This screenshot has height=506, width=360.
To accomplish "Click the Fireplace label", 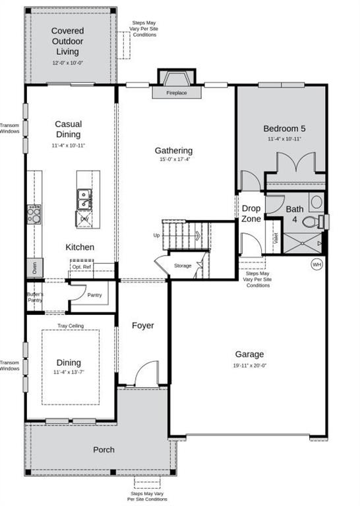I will pyautogui.click(x=176, y=94).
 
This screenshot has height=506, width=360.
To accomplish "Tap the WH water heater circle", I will pyautogui.click(x=316, y=264).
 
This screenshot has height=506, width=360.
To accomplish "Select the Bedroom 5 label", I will pyautogui.click(x=284, y=128).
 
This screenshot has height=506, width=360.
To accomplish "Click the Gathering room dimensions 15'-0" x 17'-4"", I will pyautogui.click(x=173, y=161).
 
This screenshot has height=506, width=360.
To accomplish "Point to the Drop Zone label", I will pyautogui.click(x=251, y=213).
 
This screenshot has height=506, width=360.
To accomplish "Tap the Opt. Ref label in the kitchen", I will pyautogui.click(x=81, y=267).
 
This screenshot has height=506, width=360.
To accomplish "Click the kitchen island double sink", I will pyautogui.click(x=84, y=194).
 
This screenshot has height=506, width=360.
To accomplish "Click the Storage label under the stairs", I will pyautogui.click(x=183, y=266).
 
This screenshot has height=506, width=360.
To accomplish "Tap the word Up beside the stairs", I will pyautogui.click(x=156, y=235).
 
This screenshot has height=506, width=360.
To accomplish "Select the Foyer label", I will pyautogui.click(x=142, y=325).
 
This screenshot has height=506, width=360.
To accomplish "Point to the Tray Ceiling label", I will pyautogui.click(x=70, y=325).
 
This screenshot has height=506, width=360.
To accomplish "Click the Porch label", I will pyautogui.click(x=104, y=450).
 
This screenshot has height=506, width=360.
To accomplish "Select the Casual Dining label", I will pyautogui.click(x=68, y=128).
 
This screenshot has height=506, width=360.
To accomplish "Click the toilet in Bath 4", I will pyautogui.click(x=320, y=220).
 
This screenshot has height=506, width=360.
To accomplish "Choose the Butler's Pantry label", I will pyautogui.click(x=34, y=297).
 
